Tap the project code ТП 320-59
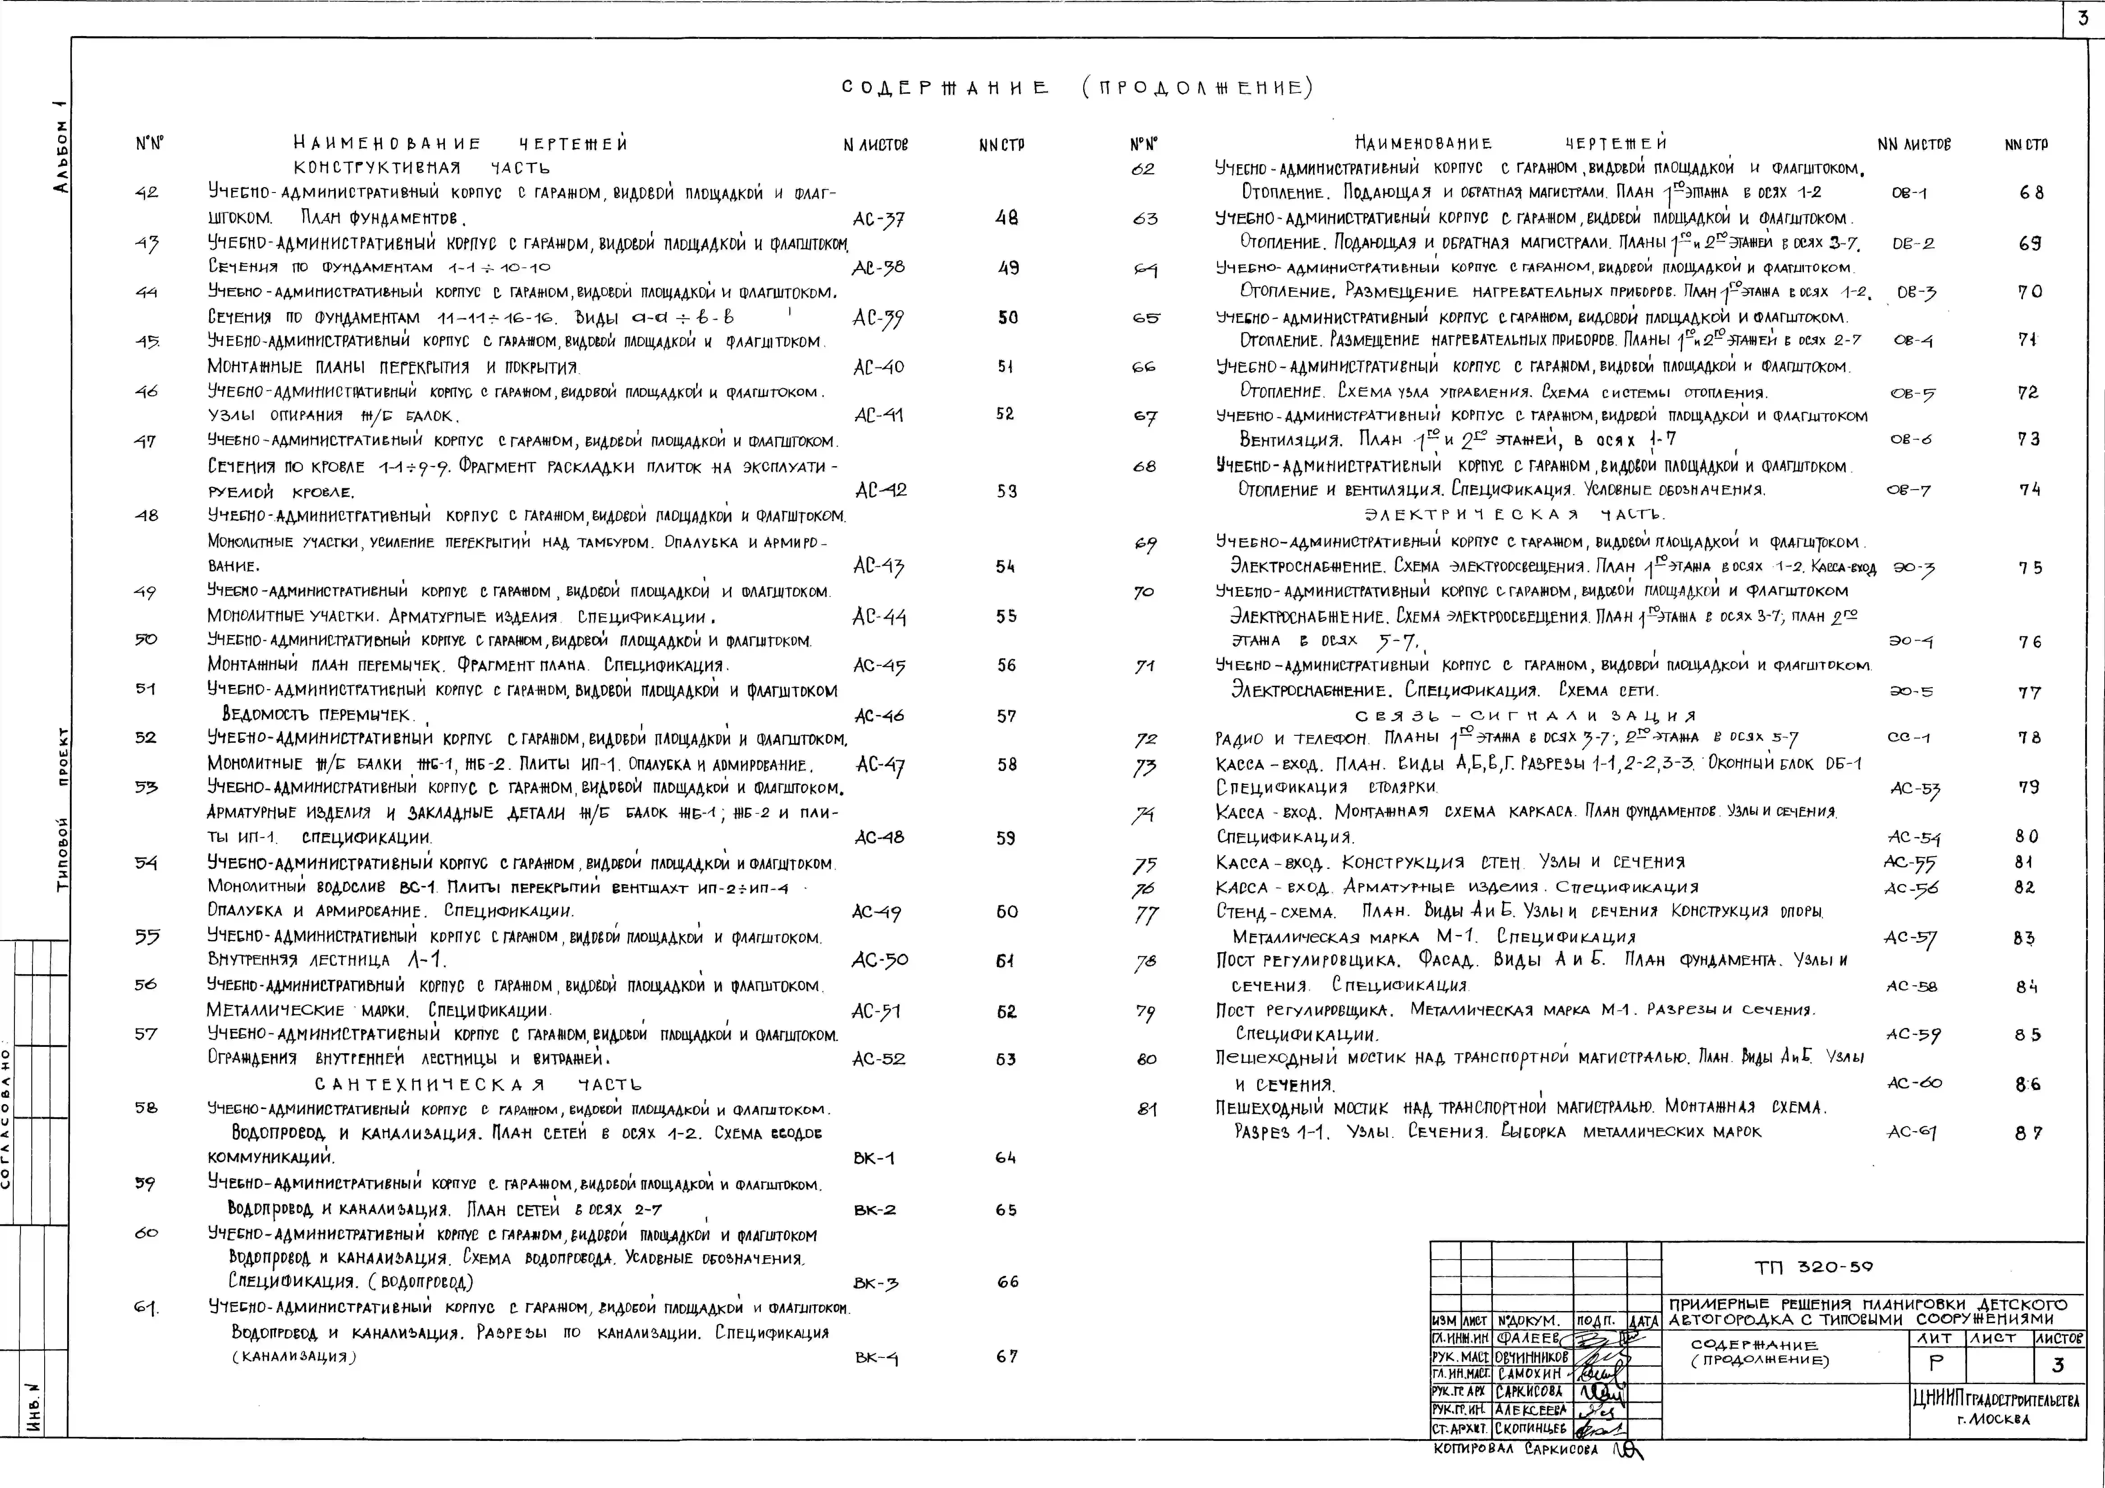1814,1267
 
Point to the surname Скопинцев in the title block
1532,1428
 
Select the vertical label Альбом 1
60,147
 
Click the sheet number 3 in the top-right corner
2083,18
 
